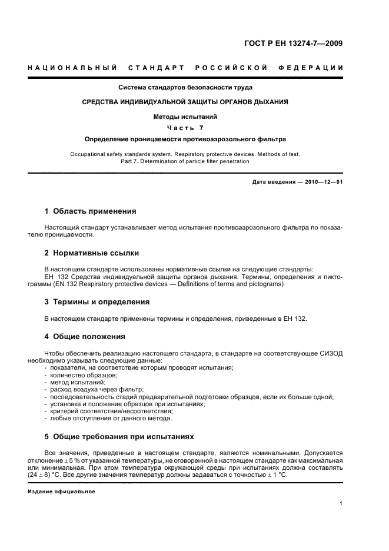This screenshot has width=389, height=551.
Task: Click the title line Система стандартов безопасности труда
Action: (x=185, y=88)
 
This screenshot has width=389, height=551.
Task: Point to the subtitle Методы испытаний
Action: (x=185, y=117)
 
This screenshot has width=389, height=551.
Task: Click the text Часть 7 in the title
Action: (x=185, y=128)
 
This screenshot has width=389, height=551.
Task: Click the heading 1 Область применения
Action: (x=90, y=211)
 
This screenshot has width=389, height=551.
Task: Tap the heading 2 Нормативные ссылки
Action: (x=92, y=253)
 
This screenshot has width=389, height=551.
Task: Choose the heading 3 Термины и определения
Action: (x=97, y=301)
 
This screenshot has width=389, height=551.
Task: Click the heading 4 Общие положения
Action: (x=85, y=337)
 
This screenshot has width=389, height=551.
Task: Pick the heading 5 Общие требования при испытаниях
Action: (x=119, y=437)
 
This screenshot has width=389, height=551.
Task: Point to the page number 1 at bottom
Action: (x=341, y=503)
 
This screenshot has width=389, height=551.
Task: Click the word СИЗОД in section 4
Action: (x=330, y=353)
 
